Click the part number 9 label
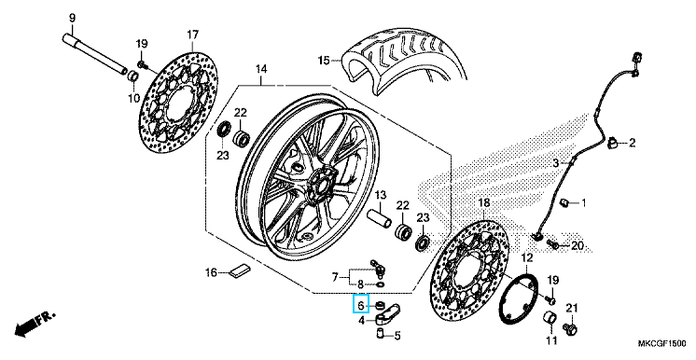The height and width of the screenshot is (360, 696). point(73,19)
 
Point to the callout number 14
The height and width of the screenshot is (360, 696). point(261,69)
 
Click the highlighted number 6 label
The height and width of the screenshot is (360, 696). point(361,305)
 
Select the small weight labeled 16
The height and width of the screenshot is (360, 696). point(240,270)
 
